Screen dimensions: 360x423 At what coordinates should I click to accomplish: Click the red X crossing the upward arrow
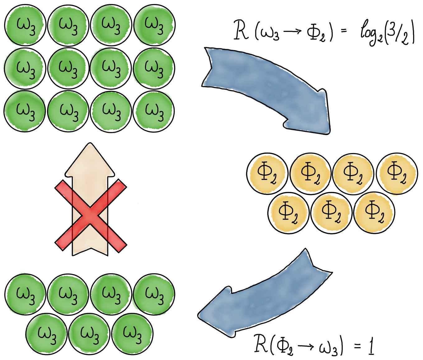[x=91, y=214]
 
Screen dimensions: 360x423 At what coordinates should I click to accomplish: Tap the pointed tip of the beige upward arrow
[x=90, y=145]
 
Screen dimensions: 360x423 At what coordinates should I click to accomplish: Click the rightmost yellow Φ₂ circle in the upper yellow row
[x=397, y=173]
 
